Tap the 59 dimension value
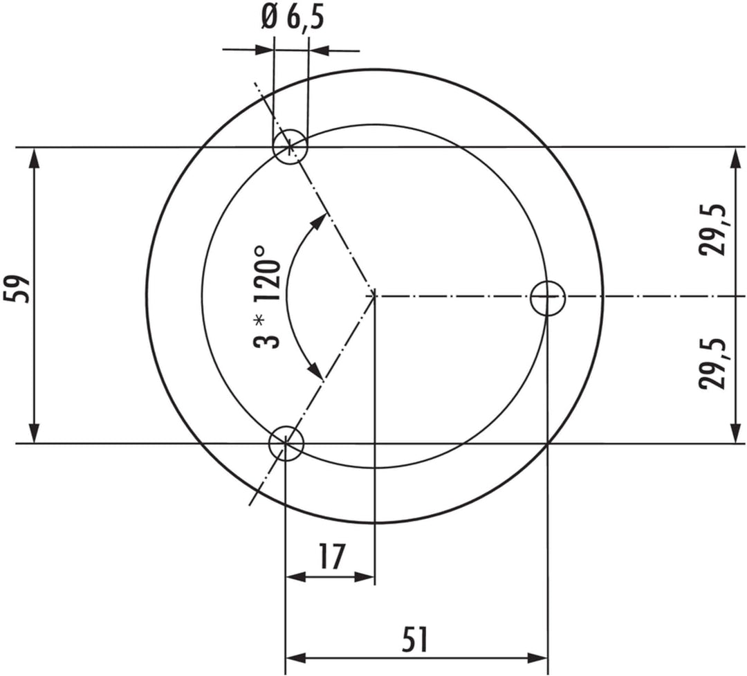point(17,289)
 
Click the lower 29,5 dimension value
point(712,363)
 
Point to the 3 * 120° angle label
point(266,298)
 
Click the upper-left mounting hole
point(290,147)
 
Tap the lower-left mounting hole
point(286,444)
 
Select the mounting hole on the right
point(548,298)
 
